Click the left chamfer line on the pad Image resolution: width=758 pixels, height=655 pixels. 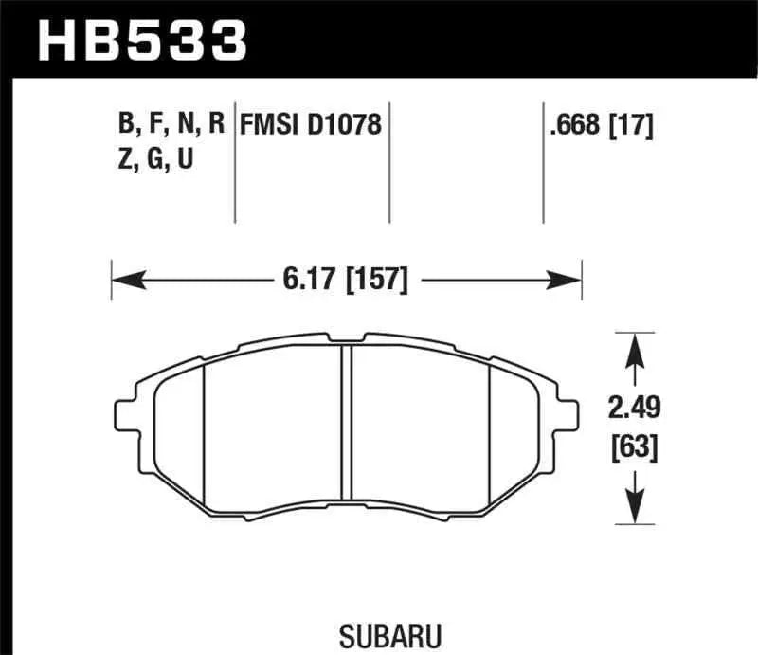206,427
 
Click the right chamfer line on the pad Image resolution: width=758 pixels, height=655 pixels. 488,427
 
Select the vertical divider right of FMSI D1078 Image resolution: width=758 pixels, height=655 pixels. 389,166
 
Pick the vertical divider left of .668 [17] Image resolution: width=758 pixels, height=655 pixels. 543,166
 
